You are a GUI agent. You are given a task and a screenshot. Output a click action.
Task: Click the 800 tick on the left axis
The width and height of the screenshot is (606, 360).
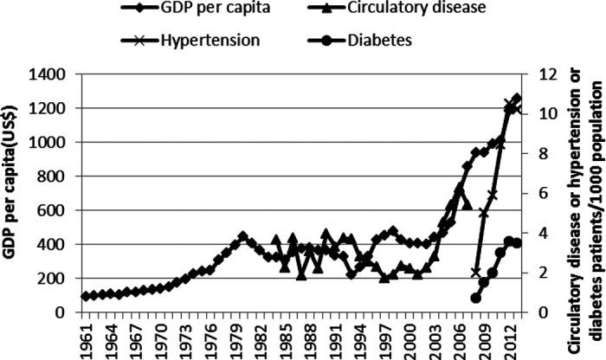(56, 177)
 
